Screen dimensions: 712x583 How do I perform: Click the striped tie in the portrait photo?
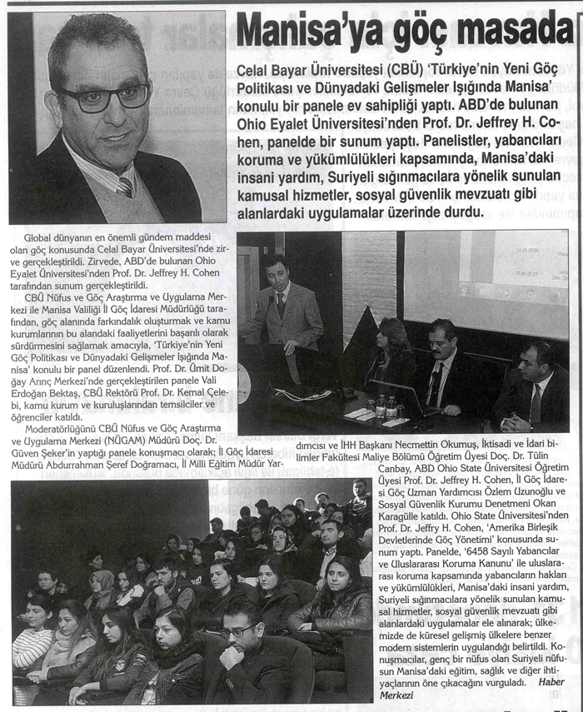pyautogui.click(x=125, y=186)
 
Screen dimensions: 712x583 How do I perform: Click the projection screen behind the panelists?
pyautogui.click(x=486, y=283)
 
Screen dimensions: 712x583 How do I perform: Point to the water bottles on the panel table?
pyautogui.click(x=385, y=406)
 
